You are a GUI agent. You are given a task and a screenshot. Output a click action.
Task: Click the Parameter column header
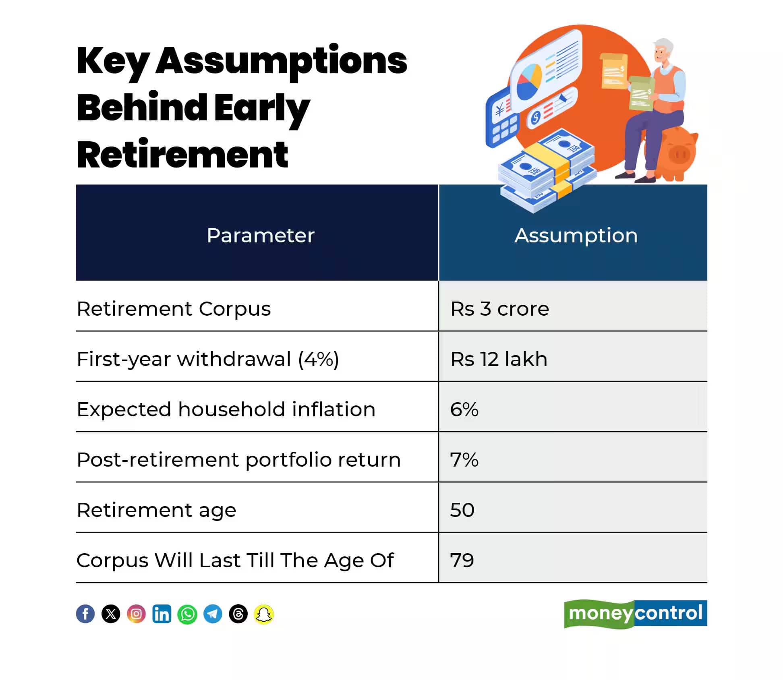260,236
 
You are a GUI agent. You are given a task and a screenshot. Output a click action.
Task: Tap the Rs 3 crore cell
499,309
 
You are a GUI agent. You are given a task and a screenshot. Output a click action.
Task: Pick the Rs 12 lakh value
499,359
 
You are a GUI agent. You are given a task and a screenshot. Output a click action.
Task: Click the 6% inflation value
464,409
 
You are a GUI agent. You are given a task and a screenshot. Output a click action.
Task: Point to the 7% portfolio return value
464,459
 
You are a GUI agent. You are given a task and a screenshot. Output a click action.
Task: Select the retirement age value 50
462,510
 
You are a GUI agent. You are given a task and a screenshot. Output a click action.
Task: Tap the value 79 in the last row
462,560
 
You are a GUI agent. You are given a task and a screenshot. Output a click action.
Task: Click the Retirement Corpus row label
174,309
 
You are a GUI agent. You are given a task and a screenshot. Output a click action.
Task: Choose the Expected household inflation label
226,409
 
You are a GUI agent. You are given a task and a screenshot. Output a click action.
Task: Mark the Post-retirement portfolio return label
238,460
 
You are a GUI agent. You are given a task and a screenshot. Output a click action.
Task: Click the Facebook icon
85,614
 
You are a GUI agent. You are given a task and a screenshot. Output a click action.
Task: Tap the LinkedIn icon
162,614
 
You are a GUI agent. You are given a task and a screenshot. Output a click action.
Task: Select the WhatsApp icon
187,614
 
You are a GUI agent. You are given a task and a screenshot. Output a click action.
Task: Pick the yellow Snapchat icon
264,614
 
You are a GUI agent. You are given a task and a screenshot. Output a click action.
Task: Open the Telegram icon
213,614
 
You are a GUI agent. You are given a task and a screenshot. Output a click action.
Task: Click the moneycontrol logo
636,614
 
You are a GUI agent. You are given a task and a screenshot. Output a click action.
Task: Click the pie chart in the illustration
529,82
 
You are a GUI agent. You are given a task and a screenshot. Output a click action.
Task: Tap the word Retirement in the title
182,155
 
